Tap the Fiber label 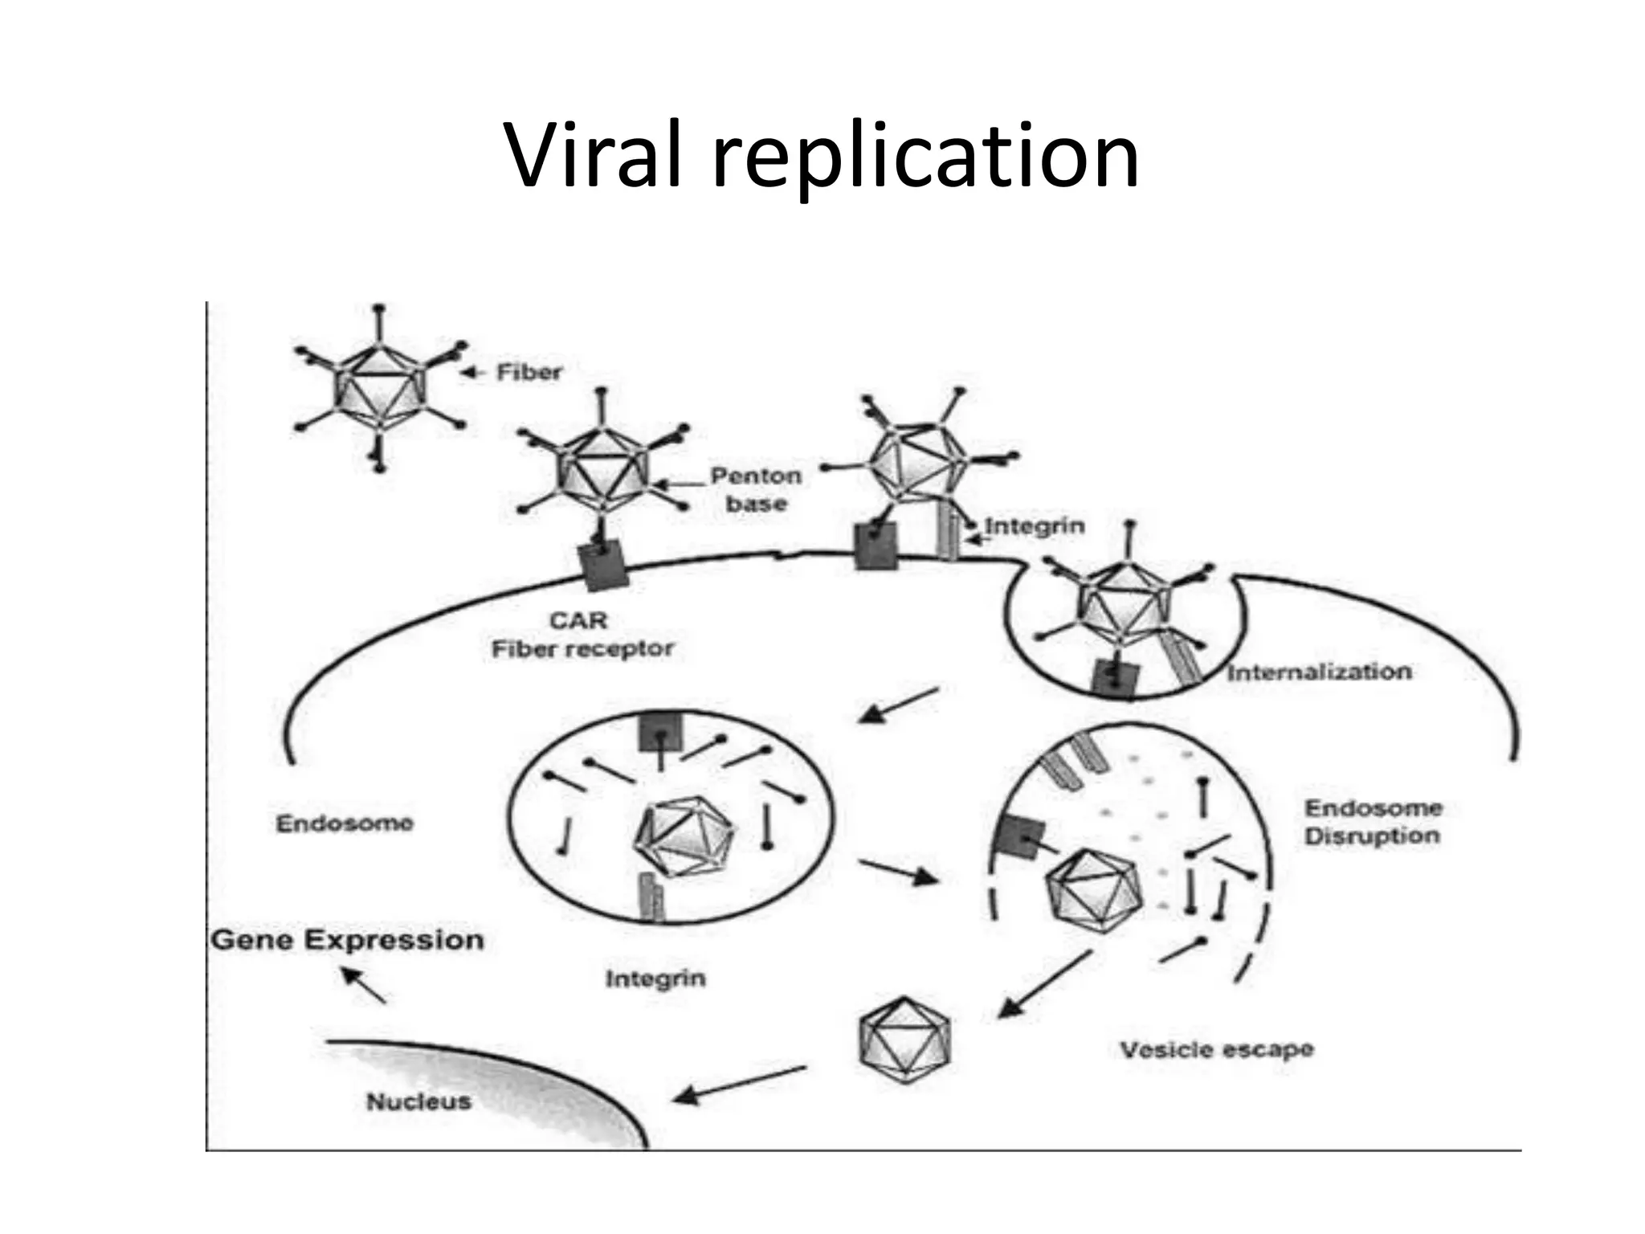tap(529, 372)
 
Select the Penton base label tap(756, 489)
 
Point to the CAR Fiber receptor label tap(582, 635)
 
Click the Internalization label tap(1318, 672)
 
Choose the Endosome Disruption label tap(1372, 822)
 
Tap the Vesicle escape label tap(1216, 1049)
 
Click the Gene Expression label tap(347, 940)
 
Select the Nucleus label tap(418, 1101)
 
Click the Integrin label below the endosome tap(655, 979)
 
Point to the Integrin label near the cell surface tap(1035, 526)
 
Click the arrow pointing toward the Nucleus tap(739, 1084)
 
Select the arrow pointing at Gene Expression tap(363, 985)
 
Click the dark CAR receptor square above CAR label tap(601, 566)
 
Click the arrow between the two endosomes tap(897, 871)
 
